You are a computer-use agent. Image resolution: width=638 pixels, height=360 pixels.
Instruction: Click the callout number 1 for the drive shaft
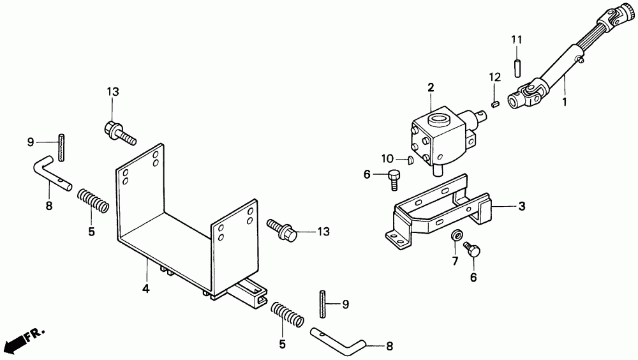pos(563,101)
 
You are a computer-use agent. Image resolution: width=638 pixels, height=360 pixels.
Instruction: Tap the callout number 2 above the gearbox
pos(431,87)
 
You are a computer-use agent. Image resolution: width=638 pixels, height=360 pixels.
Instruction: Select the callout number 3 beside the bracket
pos(521,206)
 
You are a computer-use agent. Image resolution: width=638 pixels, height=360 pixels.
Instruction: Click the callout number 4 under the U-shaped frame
pos(145,289)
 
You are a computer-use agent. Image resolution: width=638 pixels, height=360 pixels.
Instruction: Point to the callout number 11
pos(517,40)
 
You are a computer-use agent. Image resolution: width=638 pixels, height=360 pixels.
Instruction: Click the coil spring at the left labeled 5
pos(94,200)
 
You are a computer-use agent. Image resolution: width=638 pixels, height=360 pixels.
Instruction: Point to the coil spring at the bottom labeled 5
pos(286,314)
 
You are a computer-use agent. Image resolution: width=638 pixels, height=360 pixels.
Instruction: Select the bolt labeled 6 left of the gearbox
pos(394,177)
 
